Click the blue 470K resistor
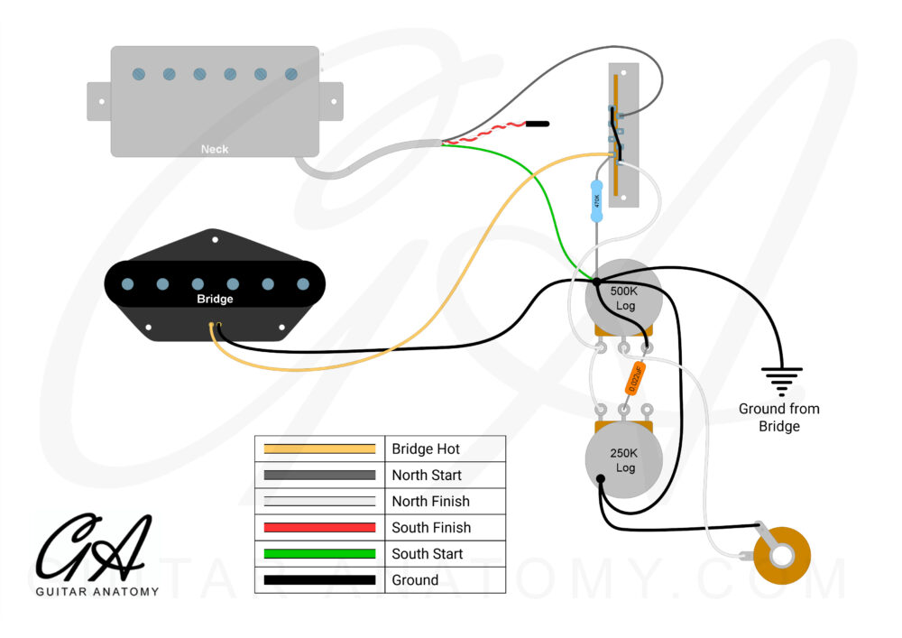point(595,201)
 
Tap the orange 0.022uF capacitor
point(634,378)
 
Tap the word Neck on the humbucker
point(215,149)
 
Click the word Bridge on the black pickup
point(215,299)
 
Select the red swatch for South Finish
point(319,527)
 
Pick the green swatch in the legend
point(319,553)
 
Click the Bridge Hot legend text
point(426,448)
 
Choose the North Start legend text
point(427,475)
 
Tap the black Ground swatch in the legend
point(319,579)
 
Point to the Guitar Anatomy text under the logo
point(97,592)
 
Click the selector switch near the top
point(625,135)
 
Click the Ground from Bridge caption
point(779,417)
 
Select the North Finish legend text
point(430,501)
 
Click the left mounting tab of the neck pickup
point(98,101)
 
